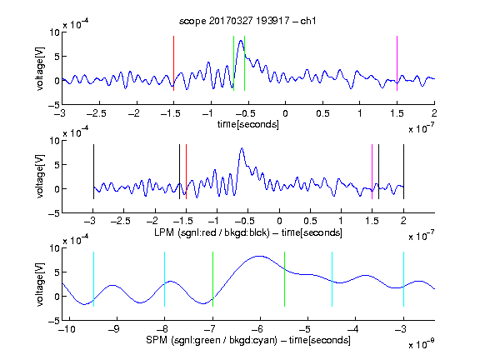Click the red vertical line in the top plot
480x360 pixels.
click(173, 63)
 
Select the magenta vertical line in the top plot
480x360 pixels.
click(397, 63)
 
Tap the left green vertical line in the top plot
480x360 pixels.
click(233, 63)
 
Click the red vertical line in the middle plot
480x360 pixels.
click(186, 172)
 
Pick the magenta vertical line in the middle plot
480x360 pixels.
click(372, 172)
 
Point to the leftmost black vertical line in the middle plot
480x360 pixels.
click(93, 172)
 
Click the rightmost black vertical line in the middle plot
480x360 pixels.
click(403, 172)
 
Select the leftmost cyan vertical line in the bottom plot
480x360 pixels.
click(93, 279)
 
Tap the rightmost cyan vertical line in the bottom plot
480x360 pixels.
click(403, 279)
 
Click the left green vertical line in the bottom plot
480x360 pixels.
click(212, 279)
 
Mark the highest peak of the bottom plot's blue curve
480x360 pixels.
click(260, 256)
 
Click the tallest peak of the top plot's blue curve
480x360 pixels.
click(241, 41)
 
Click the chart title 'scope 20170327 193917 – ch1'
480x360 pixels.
click(247, 21)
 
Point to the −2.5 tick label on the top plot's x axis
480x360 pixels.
click(96, 114)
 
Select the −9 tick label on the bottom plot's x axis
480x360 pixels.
click(114, 329)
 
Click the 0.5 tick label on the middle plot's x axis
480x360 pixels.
click(310, 221)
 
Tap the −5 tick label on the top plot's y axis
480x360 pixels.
click(54, 105)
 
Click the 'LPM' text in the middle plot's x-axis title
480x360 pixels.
click(164, 232)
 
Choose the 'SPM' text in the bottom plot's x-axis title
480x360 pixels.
click(157, 340)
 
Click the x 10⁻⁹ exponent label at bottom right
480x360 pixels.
click(422, 344)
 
